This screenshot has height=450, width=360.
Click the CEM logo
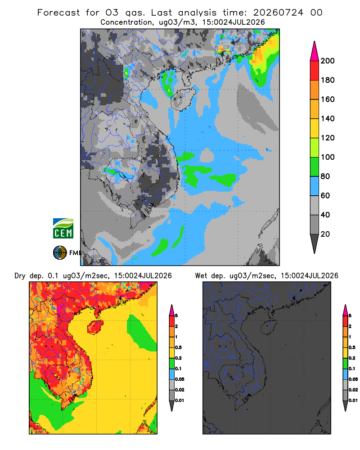tap(63, 229)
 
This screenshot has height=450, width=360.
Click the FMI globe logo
tap(60, 253)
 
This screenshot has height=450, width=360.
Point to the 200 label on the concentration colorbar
tap(328, 61)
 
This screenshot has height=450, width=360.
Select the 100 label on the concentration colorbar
tap(328, 157)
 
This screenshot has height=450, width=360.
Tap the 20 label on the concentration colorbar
tap(325, 234)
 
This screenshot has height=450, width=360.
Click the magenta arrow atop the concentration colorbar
tap(315, 51)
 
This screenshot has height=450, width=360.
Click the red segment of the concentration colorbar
tap(315, 71)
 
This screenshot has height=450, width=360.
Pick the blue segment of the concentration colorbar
tap(315, 186)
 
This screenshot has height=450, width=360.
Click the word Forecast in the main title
tap(58, 13)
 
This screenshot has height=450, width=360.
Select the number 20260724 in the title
tap(278, 13)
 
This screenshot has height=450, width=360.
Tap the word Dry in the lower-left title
tap(20, 276)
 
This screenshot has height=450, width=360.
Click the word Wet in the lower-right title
tap(201, 276)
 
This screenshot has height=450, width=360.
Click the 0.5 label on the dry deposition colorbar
tap(178, 347)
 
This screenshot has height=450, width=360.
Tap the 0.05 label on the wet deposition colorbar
tap(353, 379)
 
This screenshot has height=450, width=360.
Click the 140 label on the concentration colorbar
tap(328, 118)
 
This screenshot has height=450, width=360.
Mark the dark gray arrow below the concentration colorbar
tap(315, 243)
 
